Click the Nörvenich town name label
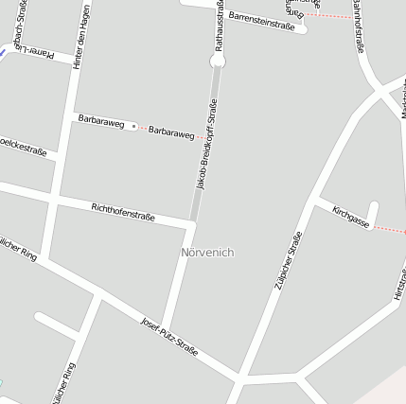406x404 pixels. pyautogui.click(x=207, y=253)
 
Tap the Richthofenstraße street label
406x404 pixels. pyautogui.click(x=123, y=210)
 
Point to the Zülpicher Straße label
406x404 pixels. pyautogui.click(x=286, y=259)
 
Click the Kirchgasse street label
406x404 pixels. pyautogui.click(x=350, y=217)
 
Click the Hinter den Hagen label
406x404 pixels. pyautogui.click(x=81, y=34)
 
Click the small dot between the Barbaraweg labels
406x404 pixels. pyautogui.click(x=133, y=125)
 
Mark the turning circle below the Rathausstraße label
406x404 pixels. pyautogui.click(x=219, y=61)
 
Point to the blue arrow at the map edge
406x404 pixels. pyautogui.click(x=4, y=53)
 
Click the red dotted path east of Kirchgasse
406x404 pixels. pyautogui.click(x=389, y=229)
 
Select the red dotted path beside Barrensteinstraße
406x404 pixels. pyautogui.click(x=327, y=16)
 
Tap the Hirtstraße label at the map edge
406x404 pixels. pyautogui.click(x=398, y=284)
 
